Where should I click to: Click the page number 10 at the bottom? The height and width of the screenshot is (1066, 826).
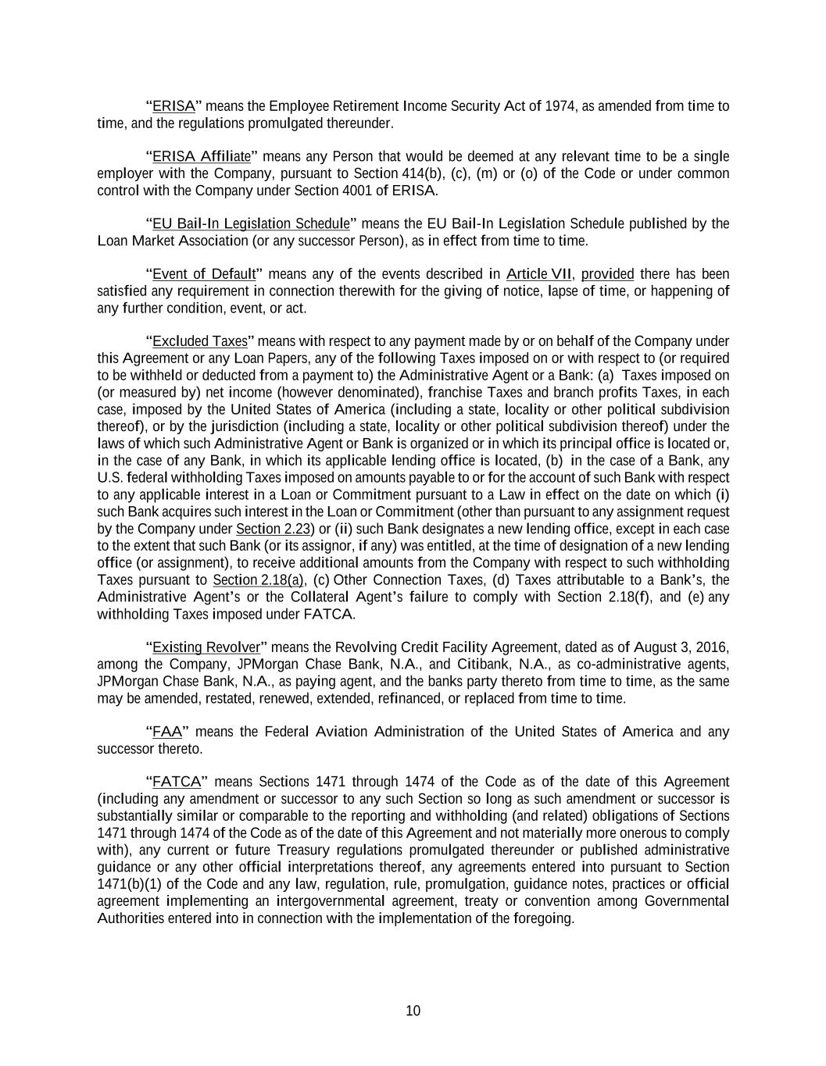[413, 1011]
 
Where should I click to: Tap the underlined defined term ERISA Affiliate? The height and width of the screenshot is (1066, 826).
[202, 157]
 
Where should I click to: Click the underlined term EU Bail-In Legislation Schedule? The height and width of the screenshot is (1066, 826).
[251, 224]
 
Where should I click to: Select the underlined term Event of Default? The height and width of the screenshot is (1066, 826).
[204, 274]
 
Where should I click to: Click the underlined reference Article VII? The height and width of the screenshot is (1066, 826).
[539, 274]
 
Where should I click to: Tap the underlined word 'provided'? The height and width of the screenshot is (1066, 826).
[607, 274]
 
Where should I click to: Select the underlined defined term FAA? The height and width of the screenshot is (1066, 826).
[167, 732]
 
